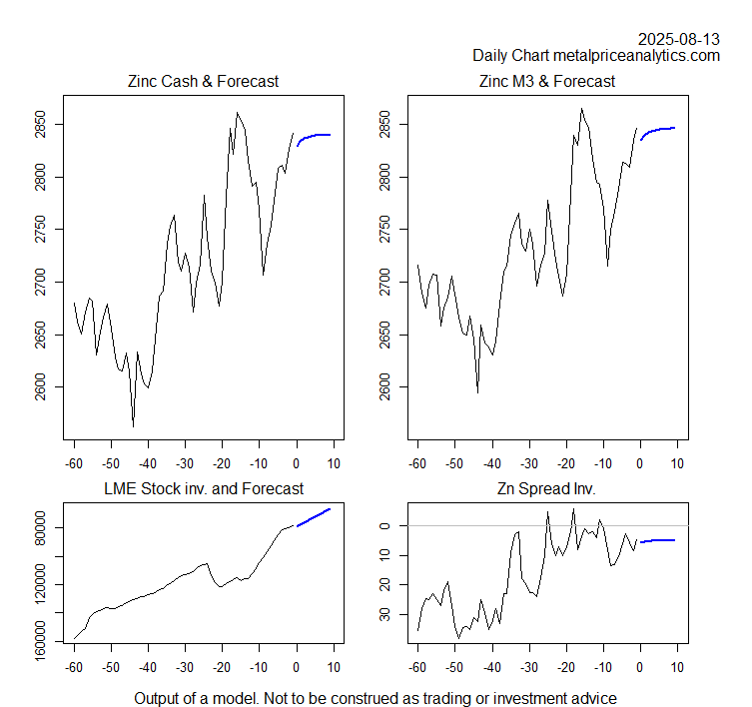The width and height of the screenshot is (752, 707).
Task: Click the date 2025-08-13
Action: [679, 39]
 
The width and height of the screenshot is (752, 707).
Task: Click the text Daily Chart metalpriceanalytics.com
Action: [596, 56]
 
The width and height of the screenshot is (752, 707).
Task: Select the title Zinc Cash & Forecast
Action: [203, 81]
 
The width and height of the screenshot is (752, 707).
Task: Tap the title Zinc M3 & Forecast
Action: [547, 81]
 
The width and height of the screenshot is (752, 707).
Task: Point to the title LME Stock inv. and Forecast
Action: [203, 488]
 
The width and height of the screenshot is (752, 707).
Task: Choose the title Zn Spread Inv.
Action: [547, 488]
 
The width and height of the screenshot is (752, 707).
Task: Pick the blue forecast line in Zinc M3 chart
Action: [659, 129]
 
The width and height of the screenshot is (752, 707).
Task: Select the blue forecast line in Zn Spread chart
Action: [659, 540]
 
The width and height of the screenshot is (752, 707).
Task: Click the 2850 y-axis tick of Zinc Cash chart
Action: [36, 125]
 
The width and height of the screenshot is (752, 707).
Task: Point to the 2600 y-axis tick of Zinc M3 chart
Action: [380, 386]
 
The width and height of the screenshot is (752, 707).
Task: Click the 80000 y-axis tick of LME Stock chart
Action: [36, 527]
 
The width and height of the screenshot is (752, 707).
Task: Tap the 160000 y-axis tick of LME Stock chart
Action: [36, 631]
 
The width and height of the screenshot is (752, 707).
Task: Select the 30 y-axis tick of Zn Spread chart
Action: [380, 615]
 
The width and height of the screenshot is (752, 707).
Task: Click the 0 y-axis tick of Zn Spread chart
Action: [380, 525]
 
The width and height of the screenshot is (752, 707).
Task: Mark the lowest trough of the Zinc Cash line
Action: [133, 426]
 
